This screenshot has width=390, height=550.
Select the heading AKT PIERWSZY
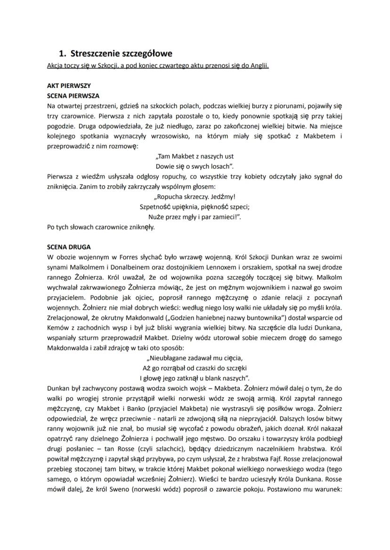tap(69, 86)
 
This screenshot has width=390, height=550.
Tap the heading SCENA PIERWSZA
tap(73, 96)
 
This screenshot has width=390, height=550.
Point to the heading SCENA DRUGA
tap(69, 247)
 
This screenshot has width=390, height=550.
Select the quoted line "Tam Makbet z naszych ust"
tap(195, 157)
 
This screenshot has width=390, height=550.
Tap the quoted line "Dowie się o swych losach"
tap(195, 166)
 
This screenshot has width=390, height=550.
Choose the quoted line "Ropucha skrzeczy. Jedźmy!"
tap(195, 197)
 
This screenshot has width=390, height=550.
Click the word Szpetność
tap(156, 207)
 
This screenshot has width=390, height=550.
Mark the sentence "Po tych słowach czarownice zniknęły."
tap(101, 227)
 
